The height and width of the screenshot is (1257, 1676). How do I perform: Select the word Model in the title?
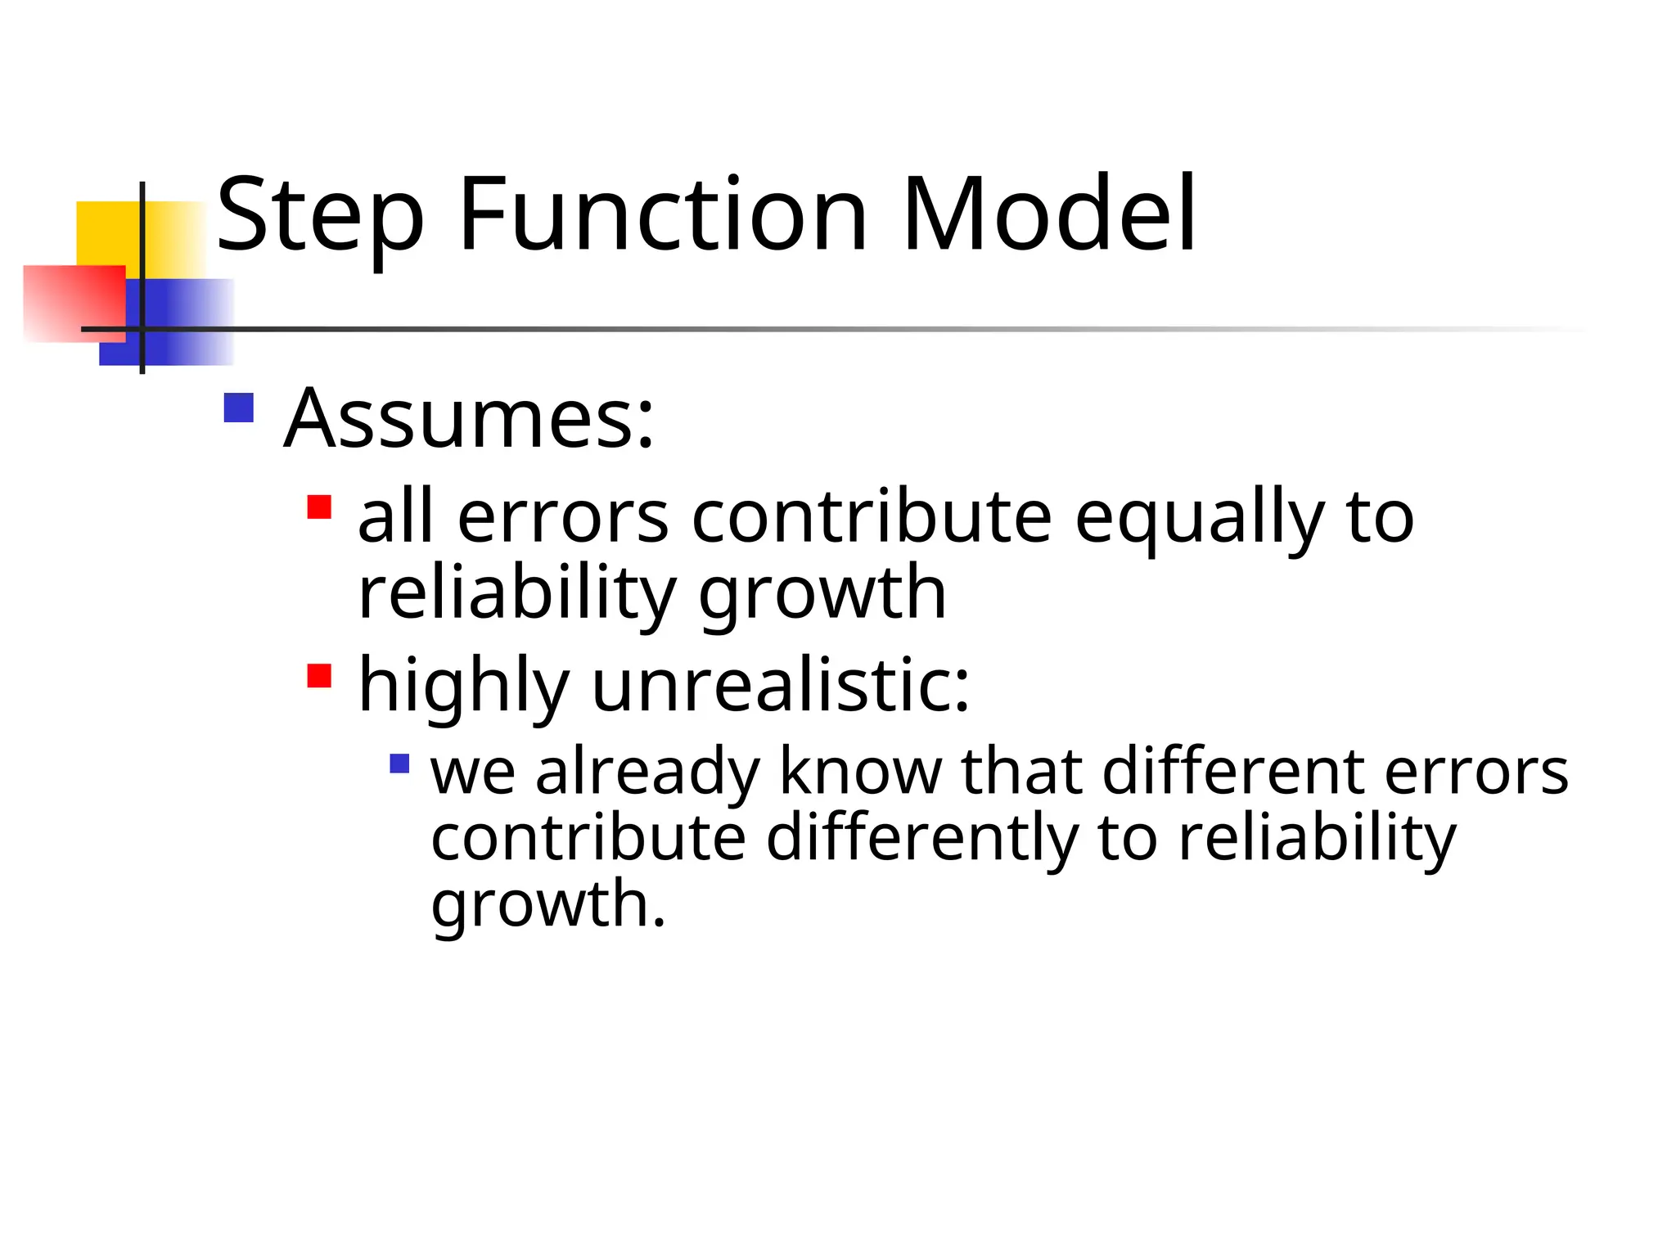click(1049, 214)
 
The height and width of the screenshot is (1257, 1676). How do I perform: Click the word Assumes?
click(469, 419)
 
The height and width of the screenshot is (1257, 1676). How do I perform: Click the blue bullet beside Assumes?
click(238, 408)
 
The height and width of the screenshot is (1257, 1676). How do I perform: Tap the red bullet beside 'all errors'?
click(319, 507)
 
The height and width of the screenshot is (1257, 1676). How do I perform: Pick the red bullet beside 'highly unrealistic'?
click(319, 676)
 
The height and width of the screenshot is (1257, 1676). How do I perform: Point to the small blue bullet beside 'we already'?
click(399, 764)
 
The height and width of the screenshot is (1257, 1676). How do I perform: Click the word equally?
click(1199, 519)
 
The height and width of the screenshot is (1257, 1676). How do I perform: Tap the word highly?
click(463, 687)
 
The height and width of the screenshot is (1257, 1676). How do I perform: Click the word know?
click(859, 771)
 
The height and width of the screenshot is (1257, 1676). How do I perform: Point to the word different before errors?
click(1232, 771)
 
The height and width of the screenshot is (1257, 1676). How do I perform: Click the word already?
click(647, 773)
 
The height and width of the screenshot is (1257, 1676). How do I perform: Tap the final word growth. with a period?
click(548, 905)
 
